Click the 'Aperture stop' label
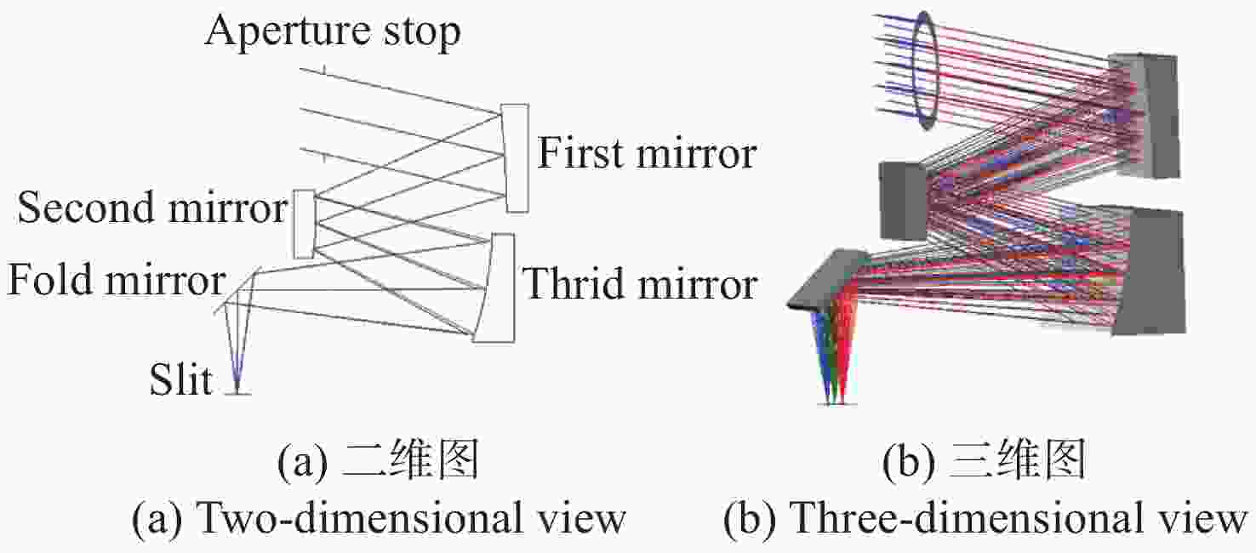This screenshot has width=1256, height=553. pos(333,32)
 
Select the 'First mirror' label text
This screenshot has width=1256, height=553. pos(647,152)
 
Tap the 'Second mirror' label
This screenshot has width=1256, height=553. pos(152,207)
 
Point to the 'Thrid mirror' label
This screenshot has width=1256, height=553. pos(640,284)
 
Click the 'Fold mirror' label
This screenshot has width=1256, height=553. pos(117,279)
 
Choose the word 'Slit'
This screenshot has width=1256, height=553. pos(180,379)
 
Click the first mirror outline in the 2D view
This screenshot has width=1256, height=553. pos(516,158)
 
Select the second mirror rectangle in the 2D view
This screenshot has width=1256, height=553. pos(305,225)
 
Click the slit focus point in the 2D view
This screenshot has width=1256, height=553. pos(237,390)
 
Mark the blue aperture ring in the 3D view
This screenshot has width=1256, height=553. pos(924,70)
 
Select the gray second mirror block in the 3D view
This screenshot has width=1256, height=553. pos(903,200)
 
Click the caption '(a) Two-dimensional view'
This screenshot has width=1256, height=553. pos(379,517)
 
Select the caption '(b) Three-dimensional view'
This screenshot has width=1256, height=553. pos(985,517)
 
